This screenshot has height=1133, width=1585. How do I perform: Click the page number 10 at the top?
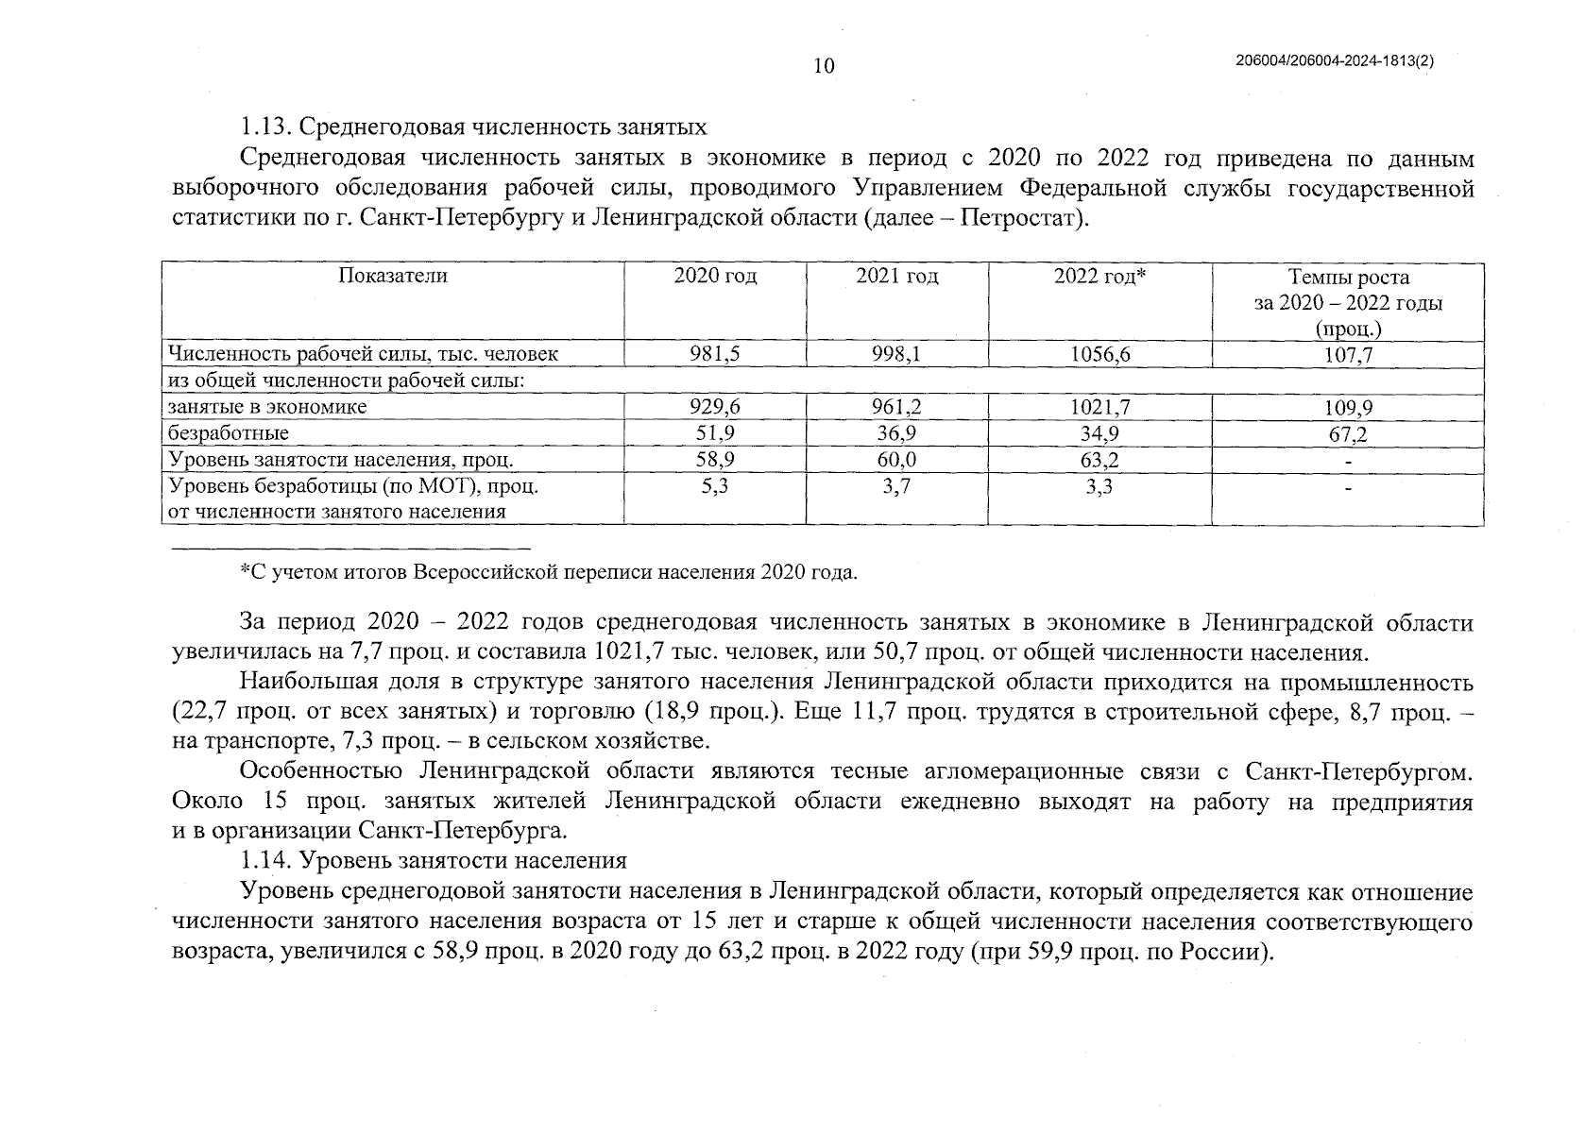pos(824,65)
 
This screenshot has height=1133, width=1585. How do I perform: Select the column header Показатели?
pos(392,276)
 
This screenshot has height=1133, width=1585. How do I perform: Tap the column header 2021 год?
pos(896,276)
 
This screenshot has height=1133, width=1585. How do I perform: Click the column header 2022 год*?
pos(1099,276)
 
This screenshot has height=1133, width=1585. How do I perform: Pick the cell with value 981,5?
pos(715,354)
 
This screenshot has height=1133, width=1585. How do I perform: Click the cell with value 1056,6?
pos(1099,354)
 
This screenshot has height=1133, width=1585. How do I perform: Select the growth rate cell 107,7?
pos(1348,355)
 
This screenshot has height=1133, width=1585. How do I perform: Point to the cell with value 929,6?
pos(715,407)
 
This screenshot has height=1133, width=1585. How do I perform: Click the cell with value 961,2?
pos(896,407)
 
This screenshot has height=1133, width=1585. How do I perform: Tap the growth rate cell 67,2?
pos(1348,434)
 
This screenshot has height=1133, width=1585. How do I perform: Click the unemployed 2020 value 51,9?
pos(715,433)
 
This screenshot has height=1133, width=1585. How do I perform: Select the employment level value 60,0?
pos(896,460)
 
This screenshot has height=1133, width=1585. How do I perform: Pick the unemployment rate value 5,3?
pos(715,486)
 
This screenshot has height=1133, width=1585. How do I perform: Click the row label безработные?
pos(228,433)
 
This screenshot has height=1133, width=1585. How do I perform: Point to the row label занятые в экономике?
pos(266,407)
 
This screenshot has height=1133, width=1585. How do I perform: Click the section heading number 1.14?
pos(264,861)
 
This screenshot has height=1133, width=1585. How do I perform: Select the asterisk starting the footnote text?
pos(245,570)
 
